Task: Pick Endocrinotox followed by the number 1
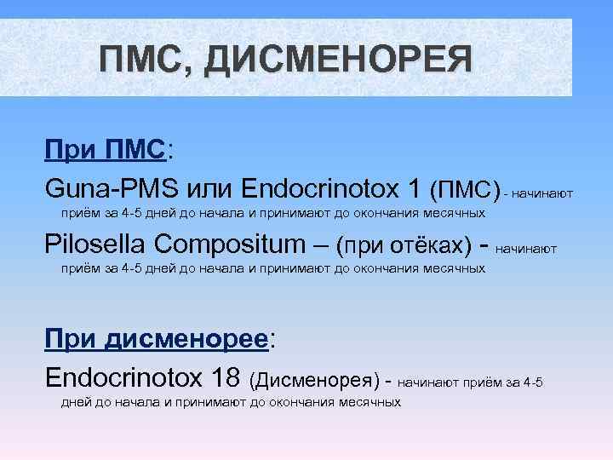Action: (321, 187)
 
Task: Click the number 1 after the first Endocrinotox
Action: (414, 187)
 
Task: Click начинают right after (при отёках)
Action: (525, 249)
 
